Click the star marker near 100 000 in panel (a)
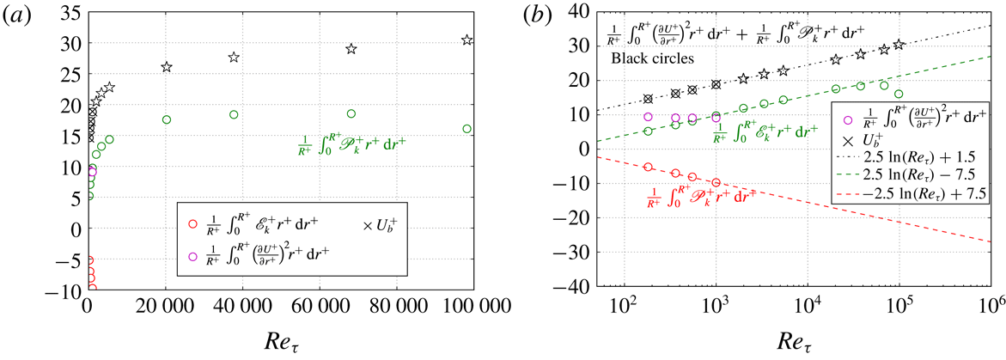(x=466, y=40)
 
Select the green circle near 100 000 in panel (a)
(x=466, y=129)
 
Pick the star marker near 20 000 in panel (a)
(x=167, y=67)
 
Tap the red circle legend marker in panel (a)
(x=192, y=225)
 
